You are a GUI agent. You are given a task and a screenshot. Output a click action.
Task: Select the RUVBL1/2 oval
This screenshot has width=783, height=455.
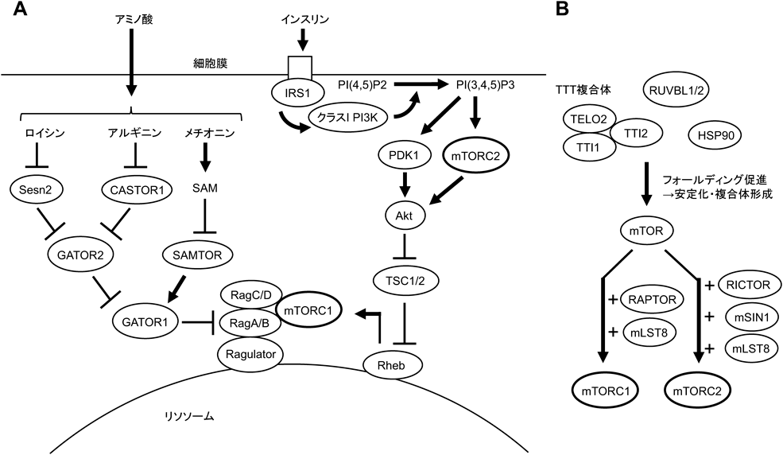tap(674, 93)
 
